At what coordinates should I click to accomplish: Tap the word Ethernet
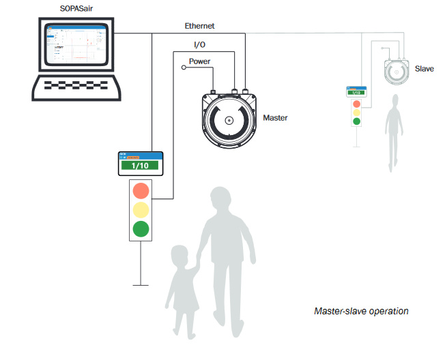point(199,26)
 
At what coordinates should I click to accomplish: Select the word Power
point(199,61)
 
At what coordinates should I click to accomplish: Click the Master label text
point(275,117)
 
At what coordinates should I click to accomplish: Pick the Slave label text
point(424,69)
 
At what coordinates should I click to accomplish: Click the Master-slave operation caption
point(361,311)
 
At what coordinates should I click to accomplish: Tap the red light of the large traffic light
point(141,190)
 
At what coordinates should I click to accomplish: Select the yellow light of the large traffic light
point(141,209)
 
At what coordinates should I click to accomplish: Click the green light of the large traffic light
point(141,228)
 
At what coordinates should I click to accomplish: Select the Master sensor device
point(229,121)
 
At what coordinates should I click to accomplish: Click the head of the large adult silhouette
point(223,200)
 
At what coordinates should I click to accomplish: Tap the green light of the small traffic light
point(356,121)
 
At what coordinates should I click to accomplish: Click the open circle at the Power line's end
point(183,68)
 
